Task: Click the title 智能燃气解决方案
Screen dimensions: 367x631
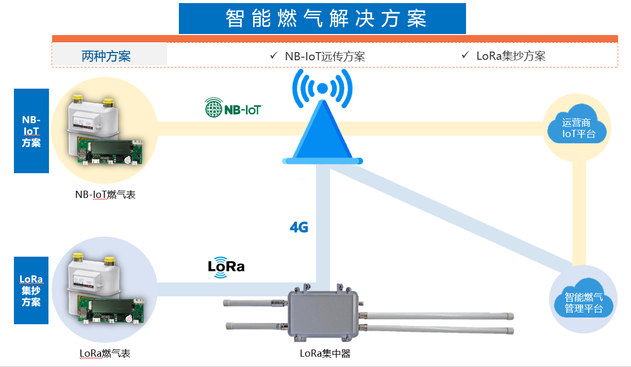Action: (x=322, y=19)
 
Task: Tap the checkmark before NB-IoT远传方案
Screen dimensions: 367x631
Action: (x=273, y=55)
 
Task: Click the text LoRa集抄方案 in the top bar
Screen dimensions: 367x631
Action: (x=510, y=56)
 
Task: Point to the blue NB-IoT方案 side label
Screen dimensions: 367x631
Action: (x=31, y=131)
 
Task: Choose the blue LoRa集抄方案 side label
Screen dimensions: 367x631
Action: (x=31, y=290)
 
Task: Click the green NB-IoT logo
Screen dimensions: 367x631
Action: (x=233, y=109)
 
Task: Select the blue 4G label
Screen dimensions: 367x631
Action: (x=299, y=227)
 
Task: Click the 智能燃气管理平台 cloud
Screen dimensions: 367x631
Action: (x=583, y=303)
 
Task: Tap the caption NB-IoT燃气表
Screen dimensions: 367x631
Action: (x=105, y=195)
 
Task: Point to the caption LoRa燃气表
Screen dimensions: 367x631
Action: (x=105, y=354)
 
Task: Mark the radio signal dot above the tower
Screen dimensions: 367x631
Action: (x=322, y=89)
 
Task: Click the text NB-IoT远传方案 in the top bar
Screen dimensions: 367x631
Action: (x=325, y=56)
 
